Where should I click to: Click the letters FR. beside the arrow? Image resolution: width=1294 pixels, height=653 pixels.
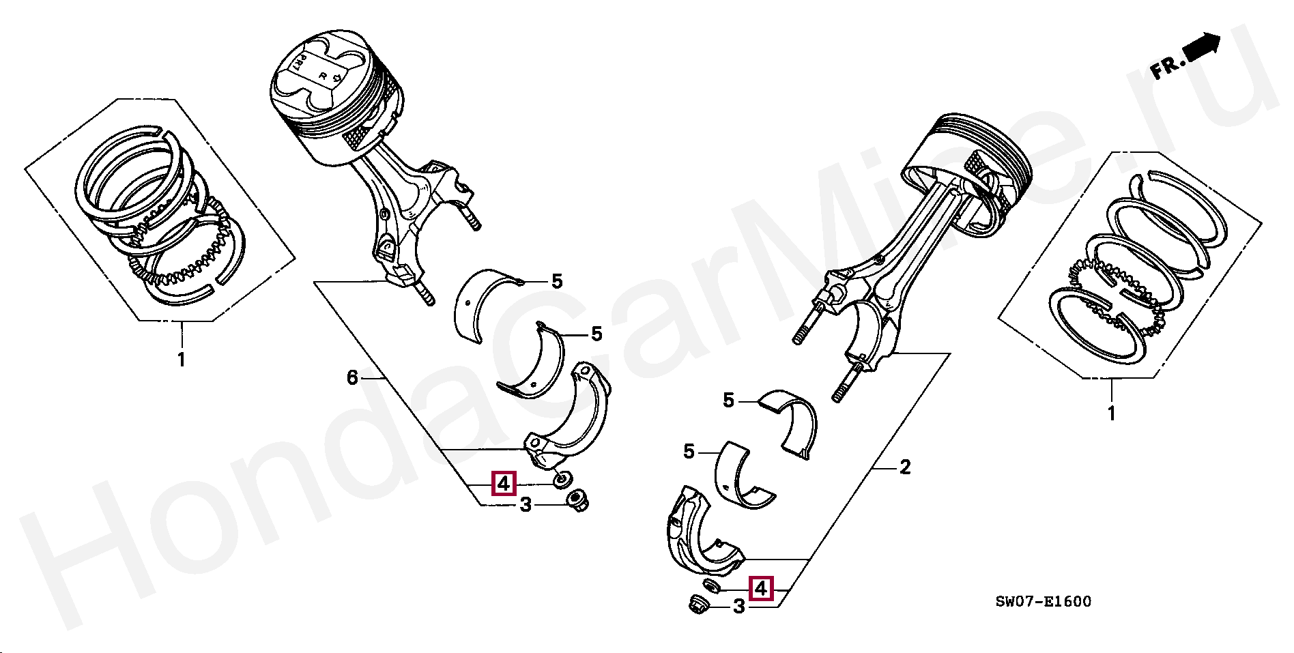point(1166,67)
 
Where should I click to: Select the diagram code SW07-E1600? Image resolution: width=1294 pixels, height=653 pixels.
point(1043,602)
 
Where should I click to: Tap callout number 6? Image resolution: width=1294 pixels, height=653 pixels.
point(352,377)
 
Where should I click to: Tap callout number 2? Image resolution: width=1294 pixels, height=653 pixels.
point(905,467)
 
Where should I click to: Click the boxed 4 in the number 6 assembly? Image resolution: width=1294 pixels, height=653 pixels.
point(503,484)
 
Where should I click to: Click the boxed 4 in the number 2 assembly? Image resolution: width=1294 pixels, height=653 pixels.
point(760,588)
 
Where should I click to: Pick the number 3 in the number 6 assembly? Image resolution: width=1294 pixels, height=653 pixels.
point(526,506)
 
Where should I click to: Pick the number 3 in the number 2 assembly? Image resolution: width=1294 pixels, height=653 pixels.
point(738,606)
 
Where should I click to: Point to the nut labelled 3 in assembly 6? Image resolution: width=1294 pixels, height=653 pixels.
point(578,500)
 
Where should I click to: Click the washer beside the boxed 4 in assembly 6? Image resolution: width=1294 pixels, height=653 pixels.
point(563,480)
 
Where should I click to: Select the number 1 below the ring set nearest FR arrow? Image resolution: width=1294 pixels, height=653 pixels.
point(1111,413)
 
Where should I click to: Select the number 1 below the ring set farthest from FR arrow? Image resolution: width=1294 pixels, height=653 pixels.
point(182,359)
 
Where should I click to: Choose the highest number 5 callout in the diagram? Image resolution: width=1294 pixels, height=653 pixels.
point(557,281)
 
